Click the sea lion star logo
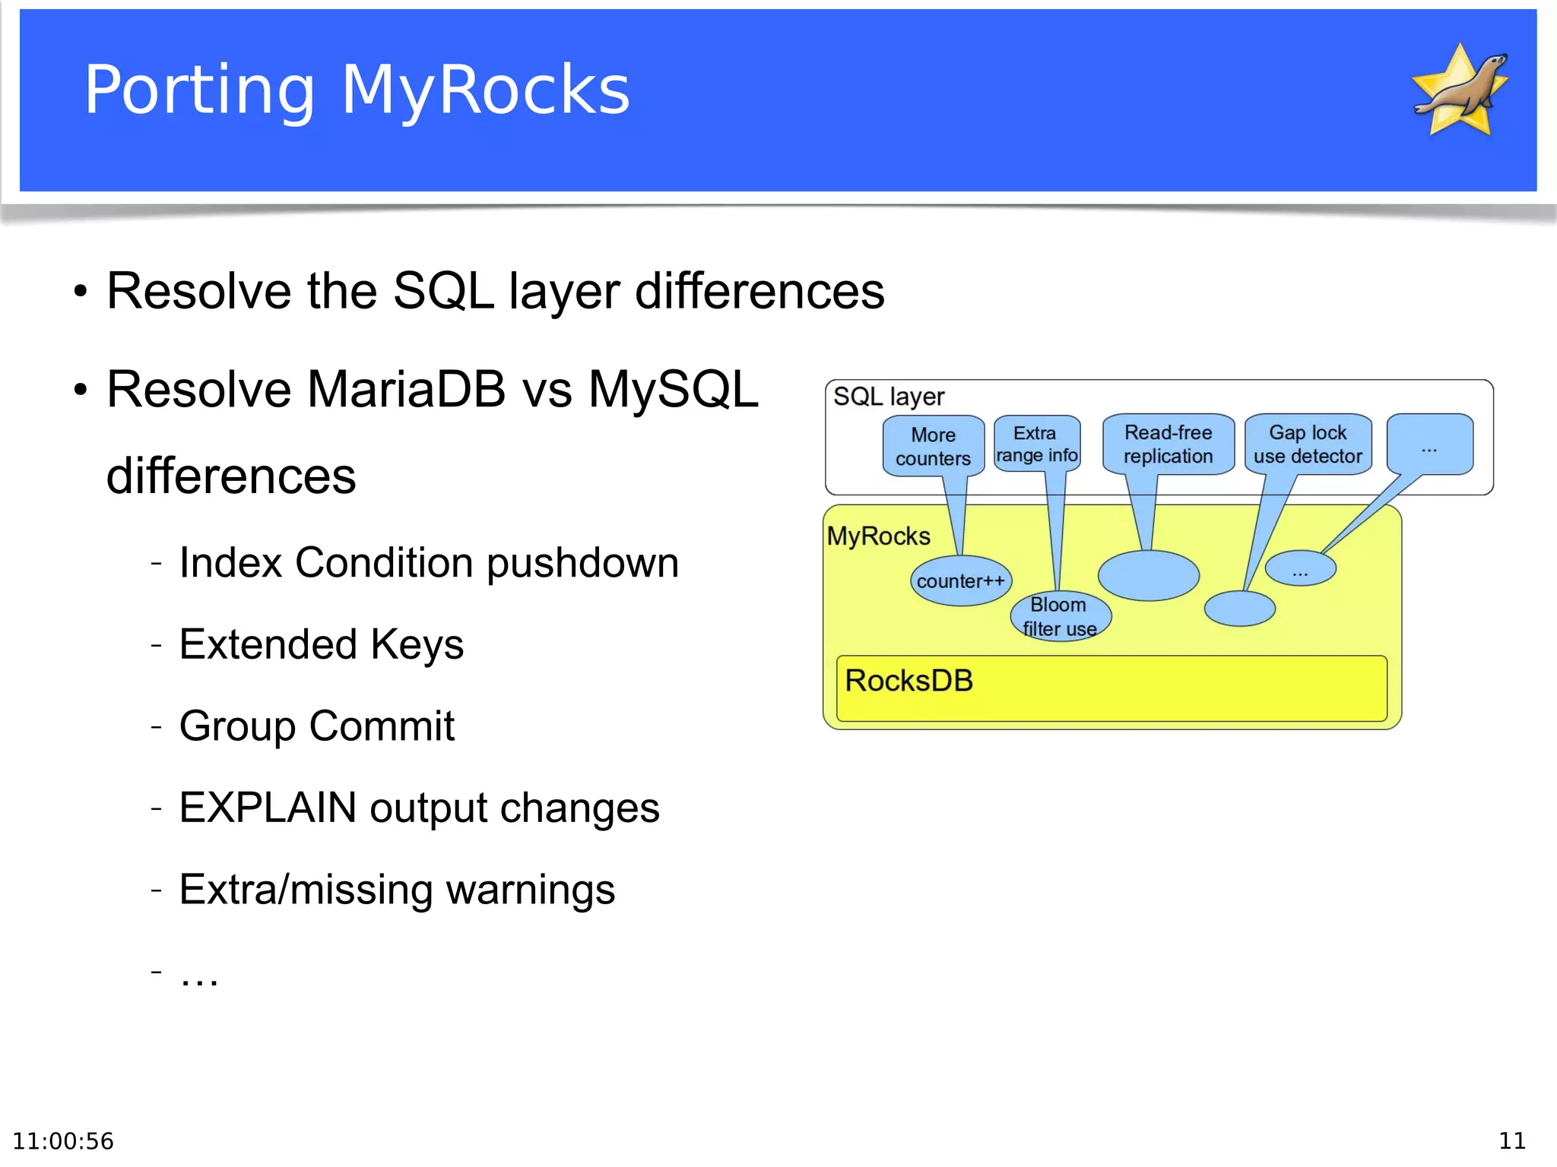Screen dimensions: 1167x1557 (x=1460, y=91)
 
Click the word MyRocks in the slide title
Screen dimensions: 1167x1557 (x=485, y=90)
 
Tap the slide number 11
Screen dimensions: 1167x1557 (x=1511, y=1140)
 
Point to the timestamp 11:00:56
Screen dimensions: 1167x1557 (x=63, y=1141)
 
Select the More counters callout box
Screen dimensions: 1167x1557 (x=933, y=446)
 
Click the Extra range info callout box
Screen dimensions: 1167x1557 (x=1036, y=444)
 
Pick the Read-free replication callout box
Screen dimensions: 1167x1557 (x=1168, y=444)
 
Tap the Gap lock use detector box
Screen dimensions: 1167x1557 (x=1308, y=444)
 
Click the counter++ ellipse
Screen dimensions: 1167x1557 (x=960, y=581)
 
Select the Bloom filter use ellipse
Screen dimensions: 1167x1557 (x=1060, y=616)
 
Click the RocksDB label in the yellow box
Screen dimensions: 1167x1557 (x=909, y=681)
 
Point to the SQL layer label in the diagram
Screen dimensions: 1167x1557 (x=888, y=397)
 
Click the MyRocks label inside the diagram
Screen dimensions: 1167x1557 (x=878, y=536)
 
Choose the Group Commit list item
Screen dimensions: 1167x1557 (x=316, y=726)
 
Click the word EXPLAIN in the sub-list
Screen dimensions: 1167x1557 (x=268, y=807)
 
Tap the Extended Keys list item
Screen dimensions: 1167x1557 (x=321, y=644)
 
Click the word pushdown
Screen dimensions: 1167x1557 (x=582, y=563)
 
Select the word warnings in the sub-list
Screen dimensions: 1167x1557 (x=530, y=890)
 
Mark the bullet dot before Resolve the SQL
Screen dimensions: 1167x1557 (x=81, y=292)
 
